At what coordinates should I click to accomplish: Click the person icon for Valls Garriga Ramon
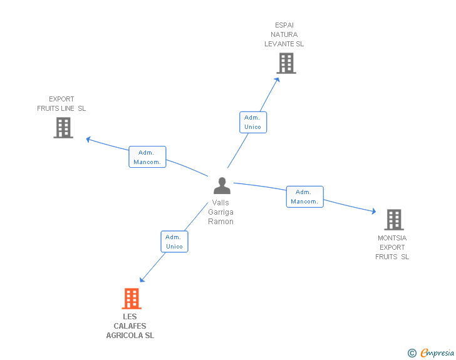coord(222,186)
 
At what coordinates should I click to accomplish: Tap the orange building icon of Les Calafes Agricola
coord(132,299)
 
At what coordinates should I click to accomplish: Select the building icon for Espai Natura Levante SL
coord(286,63)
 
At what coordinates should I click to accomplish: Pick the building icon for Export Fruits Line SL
coord(63,128)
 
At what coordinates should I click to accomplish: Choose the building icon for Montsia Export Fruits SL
coord(393,220)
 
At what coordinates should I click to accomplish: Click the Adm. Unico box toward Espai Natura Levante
coord(253,122)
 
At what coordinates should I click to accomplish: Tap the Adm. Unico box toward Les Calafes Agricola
coord(174,242)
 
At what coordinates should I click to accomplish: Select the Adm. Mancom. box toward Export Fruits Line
coord(148,157)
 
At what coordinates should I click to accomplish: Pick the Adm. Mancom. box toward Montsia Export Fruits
coord(305,197)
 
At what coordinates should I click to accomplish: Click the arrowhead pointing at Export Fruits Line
coord(88,138)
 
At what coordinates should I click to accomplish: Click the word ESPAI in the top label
coord(284,25)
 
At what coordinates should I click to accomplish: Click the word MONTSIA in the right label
coord(392,238)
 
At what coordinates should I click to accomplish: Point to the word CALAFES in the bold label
coord(130,326)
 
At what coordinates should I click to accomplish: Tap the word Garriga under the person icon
coord(220,212)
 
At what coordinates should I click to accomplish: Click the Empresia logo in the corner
coord(437,353)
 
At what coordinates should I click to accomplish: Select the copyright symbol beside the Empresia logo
coord(412,353)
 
